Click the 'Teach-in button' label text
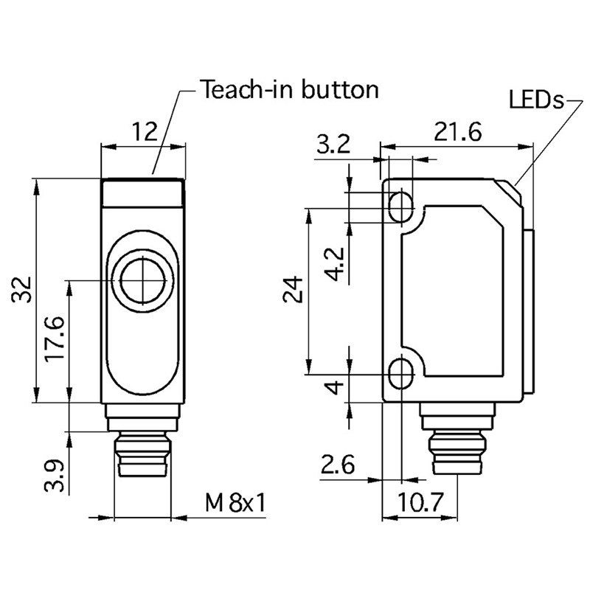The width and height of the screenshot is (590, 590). pyautogui.click(x=290, y=90)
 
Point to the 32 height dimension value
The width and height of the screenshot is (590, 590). pyautogui.click(x=24, y=289)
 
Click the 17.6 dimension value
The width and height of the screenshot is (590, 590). pyautogui.click(x=55, y=339)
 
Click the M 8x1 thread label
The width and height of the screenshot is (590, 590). pyautogui.click(x=235, y=504)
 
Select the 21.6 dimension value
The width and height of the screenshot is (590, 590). pyautogui.click(x=457, y=133)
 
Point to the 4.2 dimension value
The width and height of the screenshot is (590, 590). pyautogui.click(x=335, y=264)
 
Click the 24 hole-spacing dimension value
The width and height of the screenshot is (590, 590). pyautogui.click(x=293, y=290)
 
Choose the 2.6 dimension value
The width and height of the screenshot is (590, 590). pyautogui.click(x=337, y=466)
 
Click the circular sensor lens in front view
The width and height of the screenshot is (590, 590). pyautogui.click(x=143, y=280)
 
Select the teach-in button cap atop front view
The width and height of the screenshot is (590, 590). pyautogui.click(x=143, y=193)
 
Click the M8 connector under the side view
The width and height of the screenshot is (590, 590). pyautogui.click(x=455, y=446)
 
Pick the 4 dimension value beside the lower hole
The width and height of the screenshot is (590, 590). pyautogui.click(x=336, y=386)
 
